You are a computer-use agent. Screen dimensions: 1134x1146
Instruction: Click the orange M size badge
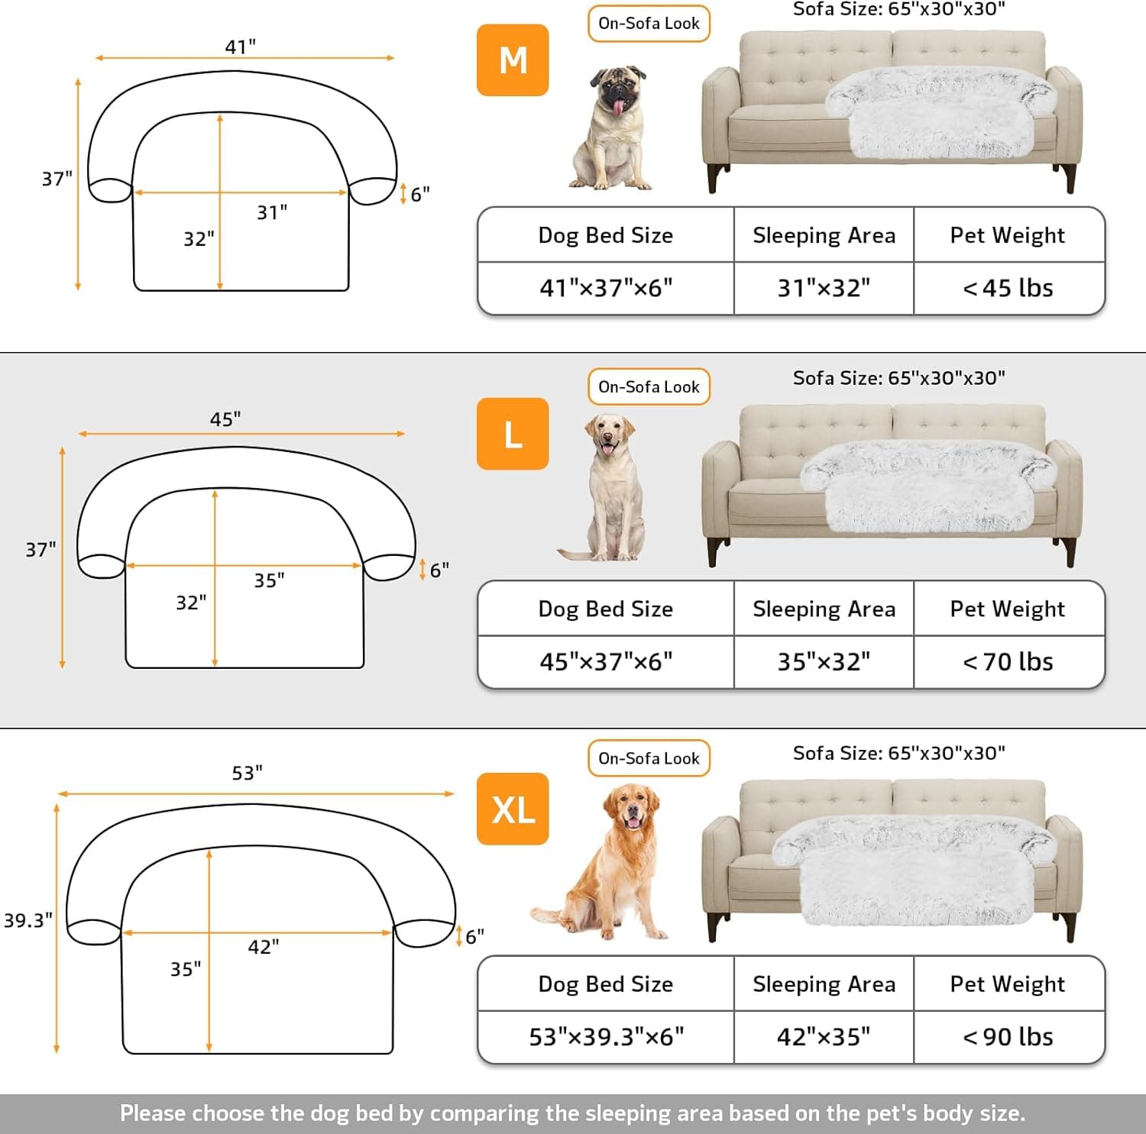(x=513, y=60)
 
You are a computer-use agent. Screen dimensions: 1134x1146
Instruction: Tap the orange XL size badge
(x=513, y=809)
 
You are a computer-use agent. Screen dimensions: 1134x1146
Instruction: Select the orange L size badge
(x=513, y=434)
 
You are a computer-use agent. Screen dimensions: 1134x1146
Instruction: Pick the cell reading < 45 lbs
(x=1008, y=288)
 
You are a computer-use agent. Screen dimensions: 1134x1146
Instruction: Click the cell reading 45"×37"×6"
(x=606, y=661)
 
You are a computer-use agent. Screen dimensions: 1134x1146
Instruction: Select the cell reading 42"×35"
(x=824, y=1036)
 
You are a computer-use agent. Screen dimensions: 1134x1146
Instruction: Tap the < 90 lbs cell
(x=1008, y=1036)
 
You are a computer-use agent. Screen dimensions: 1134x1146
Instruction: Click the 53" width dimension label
(x=247, y=773)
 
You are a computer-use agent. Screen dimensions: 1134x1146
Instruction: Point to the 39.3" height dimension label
(x=28, y=920)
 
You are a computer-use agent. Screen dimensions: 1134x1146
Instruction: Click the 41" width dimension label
(x=240, y=47)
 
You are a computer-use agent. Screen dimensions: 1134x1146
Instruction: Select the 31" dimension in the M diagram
(x=272, y=212)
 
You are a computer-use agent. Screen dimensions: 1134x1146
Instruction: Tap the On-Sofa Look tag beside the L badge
(x=649, y=387)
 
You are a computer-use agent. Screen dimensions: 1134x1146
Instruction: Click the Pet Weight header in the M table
(x=1008, y=235)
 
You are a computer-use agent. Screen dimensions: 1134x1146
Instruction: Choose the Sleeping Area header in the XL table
(x=824, y=984)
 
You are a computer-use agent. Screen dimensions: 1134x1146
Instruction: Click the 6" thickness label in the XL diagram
(x=474, y=936)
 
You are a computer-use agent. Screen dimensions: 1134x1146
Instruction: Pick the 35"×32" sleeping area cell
(x=824, y=661)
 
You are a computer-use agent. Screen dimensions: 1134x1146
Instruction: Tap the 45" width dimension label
(x=225, y=419)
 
